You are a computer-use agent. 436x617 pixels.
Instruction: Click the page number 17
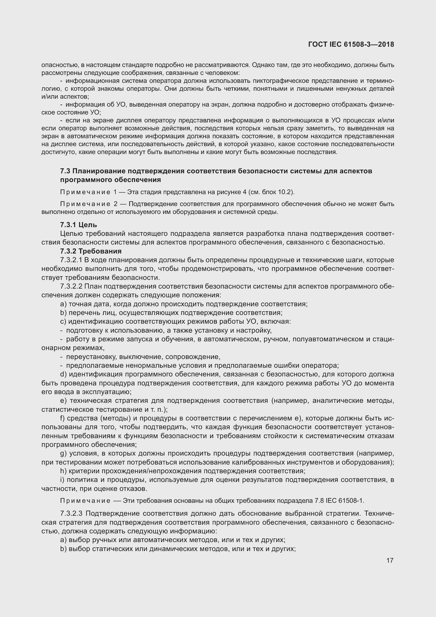tap(390, 560)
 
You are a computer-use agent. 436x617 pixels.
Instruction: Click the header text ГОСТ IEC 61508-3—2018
tap(351, 44)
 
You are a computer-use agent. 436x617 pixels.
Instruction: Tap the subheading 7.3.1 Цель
tap(78, 225)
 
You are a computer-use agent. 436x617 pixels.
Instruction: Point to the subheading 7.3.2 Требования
tap(91, 251)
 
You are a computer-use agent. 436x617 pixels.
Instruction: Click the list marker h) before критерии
tap(63, 471)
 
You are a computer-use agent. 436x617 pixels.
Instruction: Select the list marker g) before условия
tap(63, 453)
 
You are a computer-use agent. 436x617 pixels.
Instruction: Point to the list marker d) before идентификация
tap(63, 374)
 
